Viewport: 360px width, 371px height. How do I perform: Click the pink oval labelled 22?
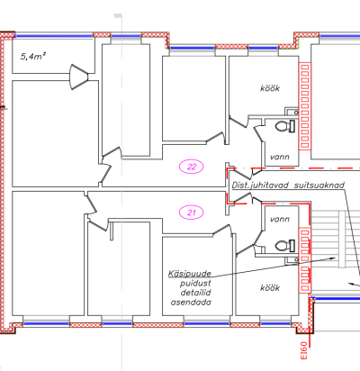pyautogui.click(x=191, y=167)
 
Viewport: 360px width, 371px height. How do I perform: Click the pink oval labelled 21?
pyautogui.click(x=191, y=213)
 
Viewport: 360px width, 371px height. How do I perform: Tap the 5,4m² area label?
pyautogui.click(x=33, y=56)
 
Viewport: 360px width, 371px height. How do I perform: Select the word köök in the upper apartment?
pyautogui.click(x=270, y=88)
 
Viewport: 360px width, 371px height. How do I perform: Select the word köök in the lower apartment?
pyautogui.click(x=270, y=288)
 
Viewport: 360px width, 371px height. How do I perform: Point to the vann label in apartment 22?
pyautogui.click(x=280, y=157)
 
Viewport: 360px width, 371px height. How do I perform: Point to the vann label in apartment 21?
pyautogui.click(x=280, y=219)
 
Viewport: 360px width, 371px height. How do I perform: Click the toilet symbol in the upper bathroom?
pyautogui.click(x=285, y=126)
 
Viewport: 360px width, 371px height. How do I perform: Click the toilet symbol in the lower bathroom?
pyautogui.click(x=285, y=246)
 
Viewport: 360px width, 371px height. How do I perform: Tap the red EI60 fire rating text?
pyautogui.click(x=304, y=350)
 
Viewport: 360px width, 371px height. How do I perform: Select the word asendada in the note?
pyautogui.click(x=191, y=302)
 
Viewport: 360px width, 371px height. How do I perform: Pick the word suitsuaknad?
pyautogui.click(x=319, y=185)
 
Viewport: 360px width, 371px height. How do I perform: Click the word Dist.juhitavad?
pyautogui.click(x=260, y=185)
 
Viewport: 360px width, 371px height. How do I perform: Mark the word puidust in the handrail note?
pyautogui.click(x=195, y=283)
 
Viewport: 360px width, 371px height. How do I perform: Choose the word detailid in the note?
pyautogui.click(x=195, y=293)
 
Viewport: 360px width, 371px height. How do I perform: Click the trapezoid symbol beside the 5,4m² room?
pyautogui.click(x=78, y=77)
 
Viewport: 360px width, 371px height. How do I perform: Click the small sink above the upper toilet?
pyautogui.click(x=292, y=112)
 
